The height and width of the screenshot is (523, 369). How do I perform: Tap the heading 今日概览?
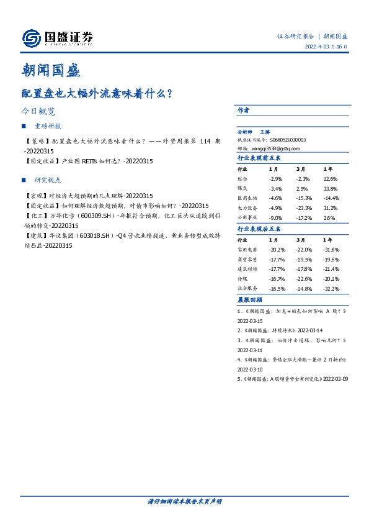point(38,112)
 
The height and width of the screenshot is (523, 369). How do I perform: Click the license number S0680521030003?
point(288,140)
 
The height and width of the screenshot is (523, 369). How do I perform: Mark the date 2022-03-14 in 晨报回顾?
point(311,331)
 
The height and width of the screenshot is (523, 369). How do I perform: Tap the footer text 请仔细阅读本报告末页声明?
point(184,501)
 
